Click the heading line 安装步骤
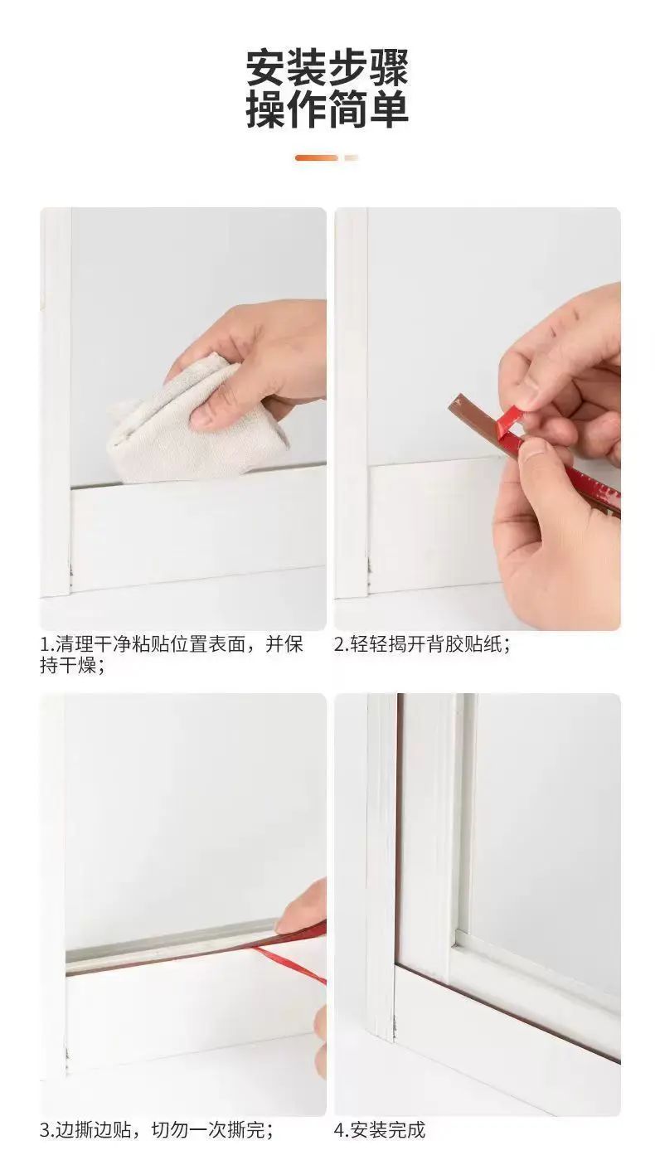[327, 68]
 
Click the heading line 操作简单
[327, 109]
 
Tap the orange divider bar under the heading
[316, 158]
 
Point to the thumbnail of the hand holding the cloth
[183, 419]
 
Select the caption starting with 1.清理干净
[172, 655]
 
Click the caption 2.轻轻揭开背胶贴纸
[423, 644]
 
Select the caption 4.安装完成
[380, 1130]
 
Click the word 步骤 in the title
[369, 68]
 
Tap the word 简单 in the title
[369, 109]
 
